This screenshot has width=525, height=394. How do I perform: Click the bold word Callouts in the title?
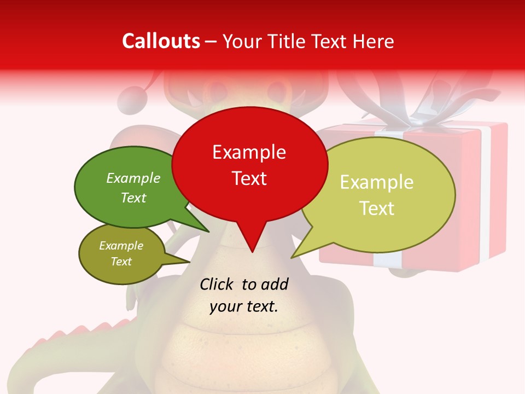(161, 41)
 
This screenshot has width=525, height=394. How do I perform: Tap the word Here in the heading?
(371, 42)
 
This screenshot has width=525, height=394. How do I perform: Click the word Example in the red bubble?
(249, 152)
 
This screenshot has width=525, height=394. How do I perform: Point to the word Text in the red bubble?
(249, 178)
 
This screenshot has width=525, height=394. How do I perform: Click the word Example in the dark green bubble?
(133, 178)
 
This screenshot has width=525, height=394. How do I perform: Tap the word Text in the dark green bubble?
(133, 198)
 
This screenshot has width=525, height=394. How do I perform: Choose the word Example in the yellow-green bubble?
(377, 182)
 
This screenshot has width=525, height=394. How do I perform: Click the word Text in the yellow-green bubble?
(377, 208)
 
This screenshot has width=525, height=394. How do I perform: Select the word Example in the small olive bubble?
(121, 246)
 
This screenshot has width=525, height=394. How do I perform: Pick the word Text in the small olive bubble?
(121, 262)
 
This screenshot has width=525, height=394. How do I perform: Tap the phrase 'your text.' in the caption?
(243, 306)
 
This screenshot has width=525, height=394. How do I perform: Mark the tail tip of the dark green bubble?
(208, 231)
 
